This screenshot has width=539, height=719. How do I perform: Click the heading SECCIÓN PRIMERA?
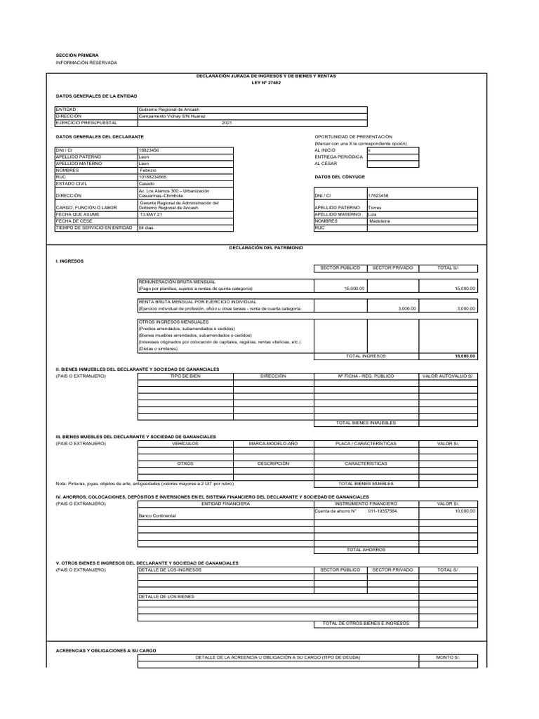point(77,55)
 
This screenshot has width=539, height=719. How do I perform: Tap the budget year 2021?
point(226,123)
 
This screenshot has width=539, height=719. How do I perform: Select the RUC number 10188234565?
point(153,177)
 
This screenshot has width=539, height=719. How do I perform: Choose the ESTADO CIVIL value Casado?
point(147,184)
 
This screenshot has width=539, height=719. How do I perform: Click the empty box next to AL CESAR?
point(392,164)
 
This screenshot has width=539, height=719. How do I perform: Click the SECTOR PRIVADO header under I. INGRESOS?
point(392,268)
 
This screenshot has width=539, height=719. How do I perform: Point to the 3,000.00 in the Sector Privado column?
point(407,308)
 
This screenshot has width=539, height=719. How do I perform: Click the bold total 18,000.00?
point(465,356)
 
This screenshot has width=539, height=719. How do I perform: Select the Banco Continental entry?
point(157,515)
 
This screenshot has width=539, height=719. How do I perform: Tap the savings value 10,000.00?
point(465,510)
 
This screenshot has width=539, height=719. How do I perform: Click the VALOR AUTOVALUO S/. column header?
point(447,376)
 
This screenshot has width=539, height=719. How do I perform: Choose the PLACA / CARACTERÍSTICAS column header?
point(366,444)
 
